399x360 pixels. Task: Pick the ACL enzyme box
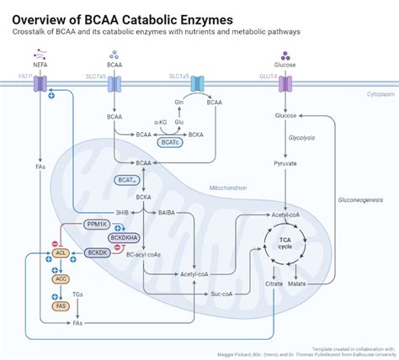(x=60, y=252)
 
